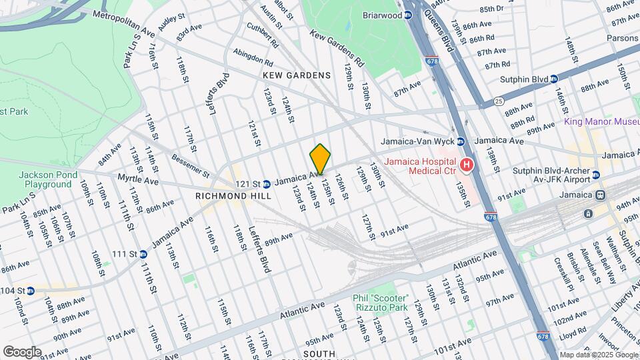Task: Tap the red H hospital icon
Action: pos(467,165)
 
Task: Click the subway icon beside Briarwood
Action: pos(411,15)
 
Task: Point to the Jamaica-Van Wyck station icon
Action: pos(460,141)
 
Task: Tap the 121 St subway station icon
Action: pos(266,183)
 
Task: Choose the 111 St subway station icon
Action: pos(144,254)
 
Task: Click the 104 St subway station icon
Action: pos(31,291)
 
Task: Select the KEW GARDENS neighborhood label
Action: pos(297,75)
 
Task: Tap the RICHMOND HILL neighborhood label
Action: pos(233,197)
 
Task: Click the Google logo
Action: pos(22,351)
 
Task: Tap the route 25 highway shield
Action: pos(499,101)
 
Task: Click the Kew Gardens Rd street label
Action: pos(337,47)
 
